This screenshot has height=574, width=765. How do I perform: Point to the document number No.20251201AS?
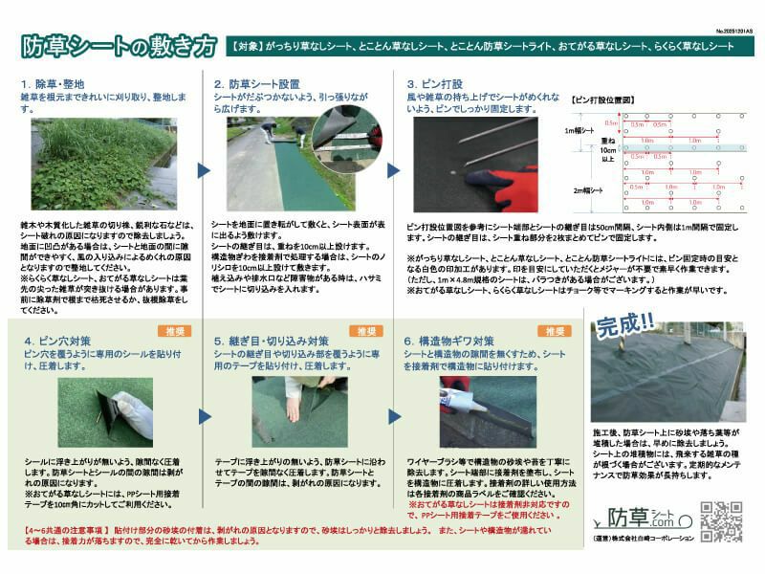(733, 31)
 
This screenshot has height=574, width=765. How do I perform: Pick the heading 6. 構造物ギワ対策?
(449, 340)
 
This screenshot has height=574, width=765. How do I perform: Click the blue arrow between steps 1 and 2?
(204, 170)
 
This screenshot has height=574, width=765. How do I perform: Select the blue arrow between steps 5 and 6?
(394, 417)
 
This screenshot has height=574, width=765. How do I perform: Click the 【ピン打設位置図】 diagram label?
(602, 99)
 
